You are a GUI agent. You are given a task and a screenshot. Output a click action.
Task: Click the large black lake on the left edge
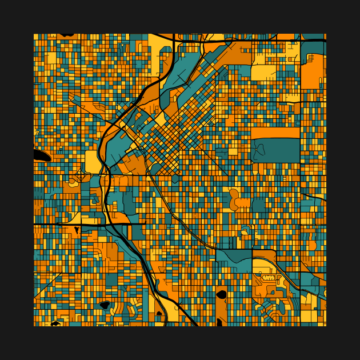[41, 155]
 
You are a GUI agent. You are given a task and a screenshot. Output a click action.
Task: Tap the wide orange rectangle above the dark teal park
[275, 133]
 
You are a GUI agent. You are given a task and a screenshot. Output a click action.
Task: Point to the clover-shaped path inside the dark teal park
[260, 150]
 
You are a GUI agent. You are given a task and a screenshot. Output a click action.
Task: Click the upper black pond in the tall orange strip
[221, 295]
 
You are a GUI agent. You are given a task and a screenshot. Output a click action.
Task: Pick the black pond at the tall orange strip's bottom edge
[219, 323]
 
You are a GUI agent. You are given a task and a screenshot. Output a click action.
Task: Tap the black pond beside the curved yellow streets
[105, 305]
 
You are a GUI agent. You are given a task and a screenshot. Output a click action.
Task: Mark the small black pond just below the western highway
[77, 230]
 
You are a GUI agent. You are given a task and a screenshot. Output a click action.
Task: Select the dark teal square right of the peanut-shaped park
[258, 205]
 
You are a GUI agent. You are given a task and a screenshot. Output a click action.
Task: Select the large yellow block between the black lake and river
[91, 161]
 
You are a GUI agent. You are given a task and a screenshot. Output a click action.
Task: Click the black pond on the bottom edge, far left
[55, 323]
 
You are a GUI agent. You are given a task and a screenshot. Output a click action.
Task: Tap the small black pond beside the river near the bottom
[159, 314]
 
